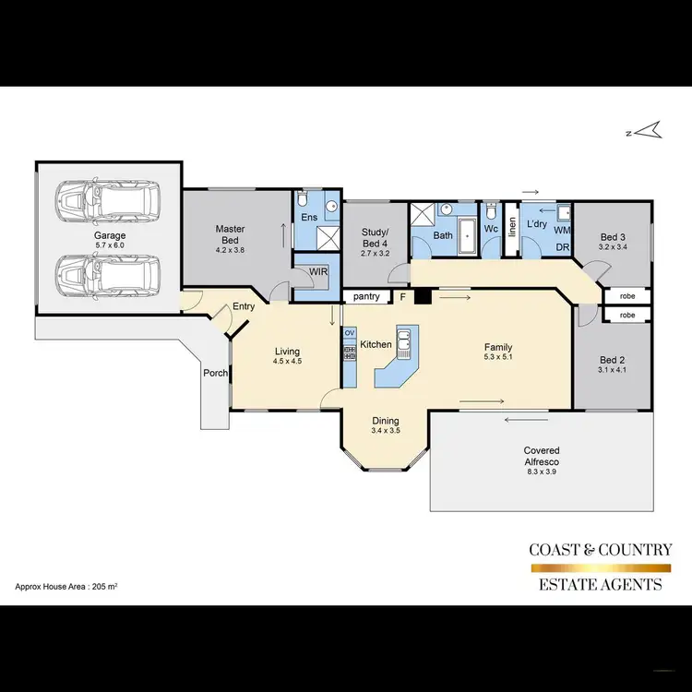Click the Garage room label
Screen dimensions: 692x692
[x=108, y=235]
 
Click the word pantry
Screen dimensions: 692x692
[x=366, y=297]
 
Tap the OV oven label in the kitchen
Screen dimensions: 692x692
[x=350, y=332]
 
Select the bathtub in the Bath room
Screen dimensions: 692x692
[x=468, y=237]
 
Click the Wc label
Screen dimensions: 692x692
[x=491, y=228]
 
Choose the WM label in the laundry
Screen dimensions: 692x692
[x=561, y=229]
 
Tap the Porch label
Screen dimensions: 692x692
[x=216, y=374]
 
